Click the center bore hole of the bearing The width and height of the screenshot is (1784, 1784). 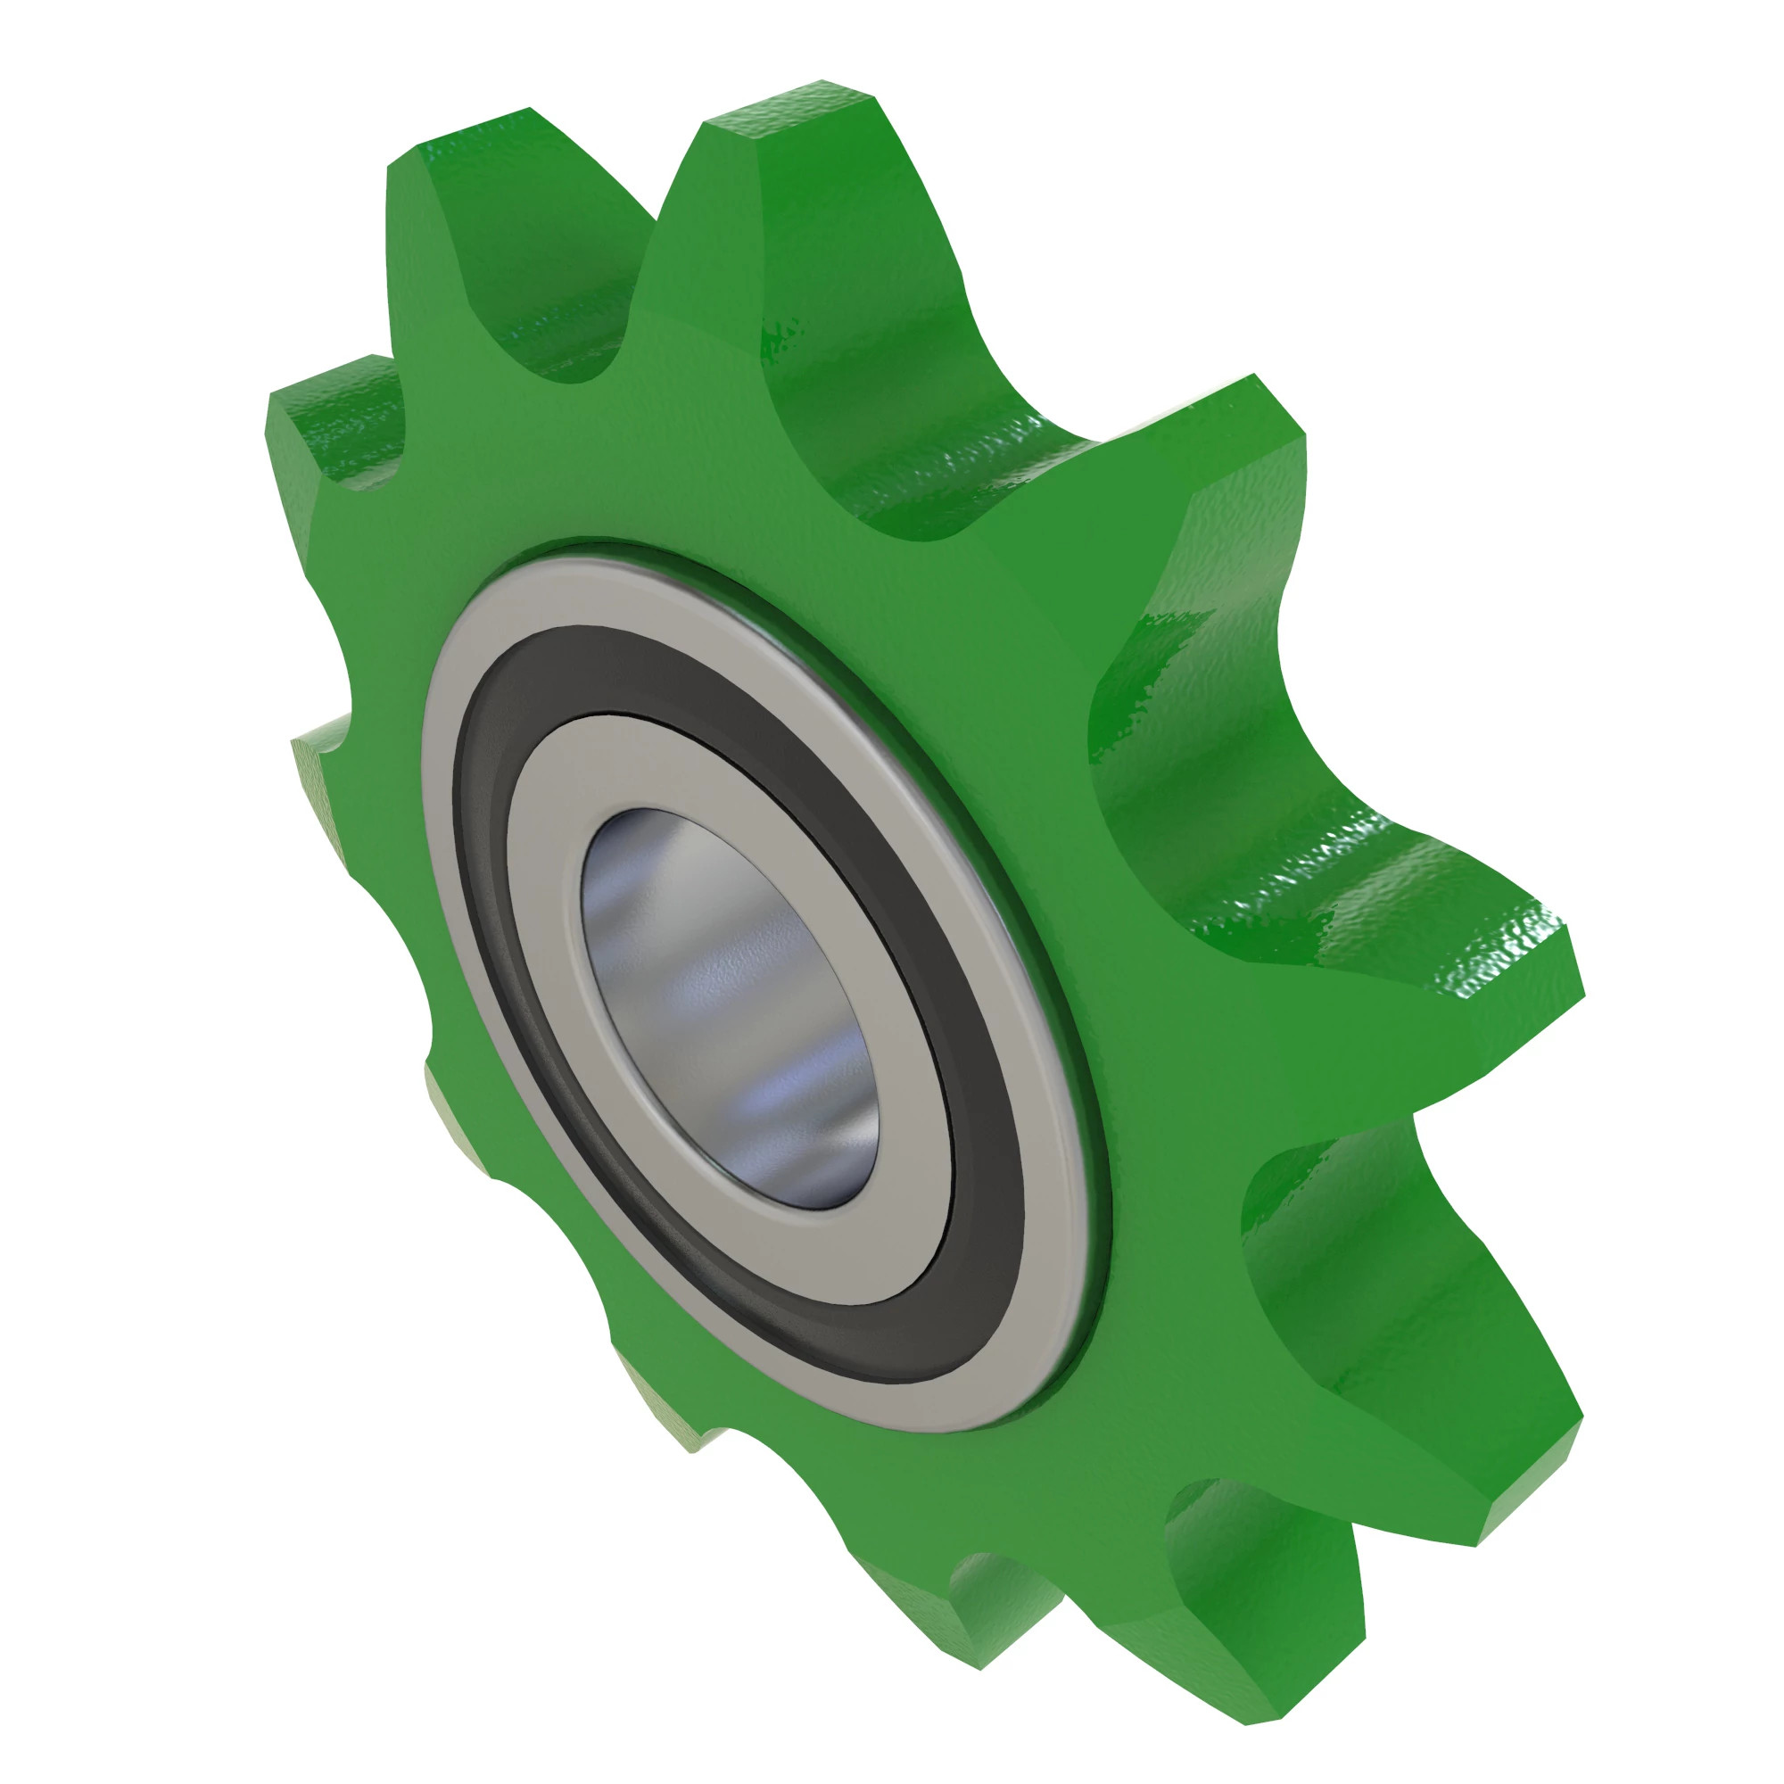click(730, 1006)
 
